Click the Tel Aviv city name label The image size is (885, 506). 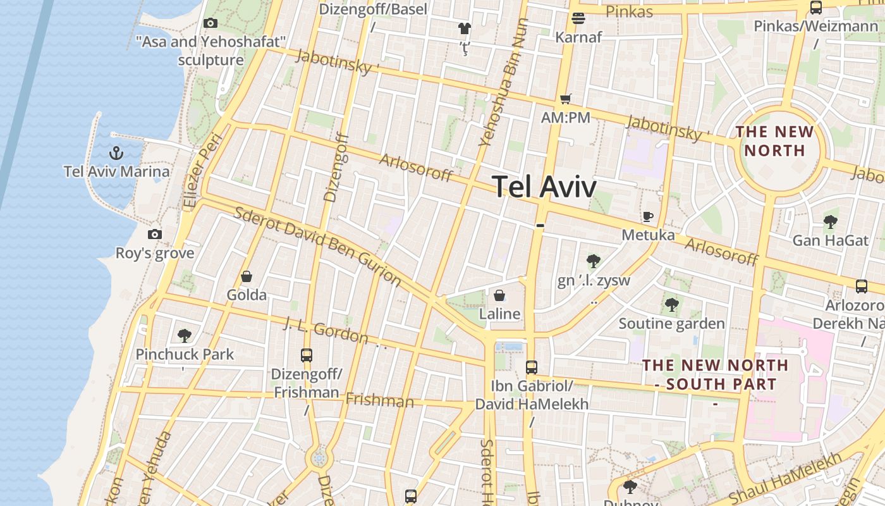click(544, 187)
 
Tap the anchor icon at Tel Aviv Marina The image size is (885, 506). click(116, 153)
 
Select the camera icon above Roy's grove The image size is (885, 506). click(155, 235)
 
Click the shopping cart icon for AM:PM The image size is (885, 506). click(566, 99)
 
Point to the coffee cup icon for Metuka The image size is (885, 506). click(648, 216)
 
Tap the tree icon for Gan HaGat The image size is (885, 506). click(831, 222)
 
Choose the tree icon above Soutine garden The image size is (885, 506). click(671, 305)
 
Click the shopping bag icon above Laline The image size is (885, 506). click(499, 295)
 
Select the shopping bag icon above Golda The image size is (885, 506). click(247, 276)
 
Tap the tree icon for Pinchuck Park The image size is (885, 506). click(185, 335)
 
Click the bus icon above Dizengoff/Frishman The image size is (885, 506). click(307, 355)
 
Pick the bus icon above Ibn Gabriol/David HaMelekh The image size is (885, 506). click(532, 367)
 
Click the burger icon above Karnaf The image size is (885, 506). click(578, 18)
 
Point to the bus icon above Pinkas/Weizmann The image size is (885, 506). click(816, 8)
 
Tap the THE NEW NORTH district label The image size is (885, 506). click(774, 141)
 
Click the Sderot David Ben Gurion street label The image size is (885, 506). click(317, 245)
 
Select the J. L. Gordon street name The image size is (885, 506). click(326, 330)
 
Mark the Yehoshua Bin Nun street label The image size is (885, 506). click(503, 82)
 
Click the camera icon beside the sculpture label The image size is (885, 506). click(211, 23)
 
